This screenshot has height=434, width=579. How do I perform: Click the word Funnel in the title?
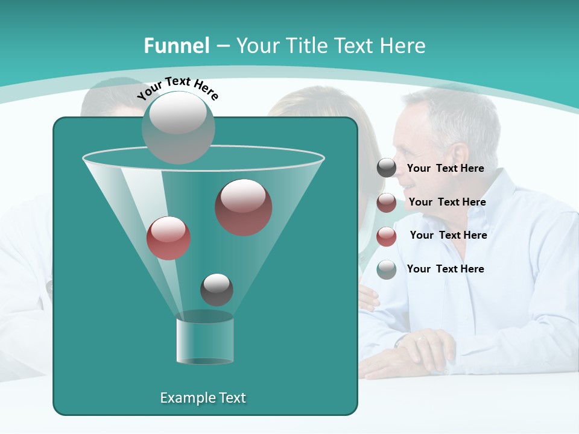click(176, 46)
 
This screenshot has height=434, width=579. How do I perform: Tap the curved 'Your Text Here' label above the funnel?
click(178, 87)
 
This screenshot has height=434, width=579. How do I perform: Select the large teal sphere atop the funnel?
click(179, 127)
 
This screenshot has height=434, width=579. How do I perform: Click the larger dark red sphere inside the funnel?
click(244, 207)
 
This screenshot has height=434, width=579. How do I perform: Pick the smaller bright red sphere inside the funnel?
click(169, 238)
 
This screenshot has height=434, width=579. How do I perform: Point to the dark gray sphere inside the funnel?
click(217, 289)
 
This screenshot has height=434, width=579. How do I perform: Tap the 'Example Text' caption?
click(203, 398)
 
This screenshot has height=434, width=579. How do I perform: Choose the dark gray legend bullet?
click(387, 168)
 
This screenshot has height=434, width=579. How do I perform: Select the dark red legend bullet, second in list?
click(387, 203)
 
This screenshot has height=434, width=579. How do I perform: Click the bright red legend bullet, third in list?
click(387, 236)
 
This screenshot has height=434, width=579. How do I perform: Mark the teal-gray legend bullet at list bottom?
click(387, 269)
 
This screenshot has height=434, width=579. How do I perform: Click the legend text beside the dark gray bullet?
click(445, 169)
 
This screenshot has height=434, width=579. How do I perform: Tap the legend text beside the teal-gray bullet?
click(445, 269)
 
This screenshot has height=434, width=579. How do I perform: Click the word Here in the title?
click(402, 46)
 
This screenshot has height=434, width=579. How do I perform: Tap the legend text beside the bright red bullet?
click(448, 235)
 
